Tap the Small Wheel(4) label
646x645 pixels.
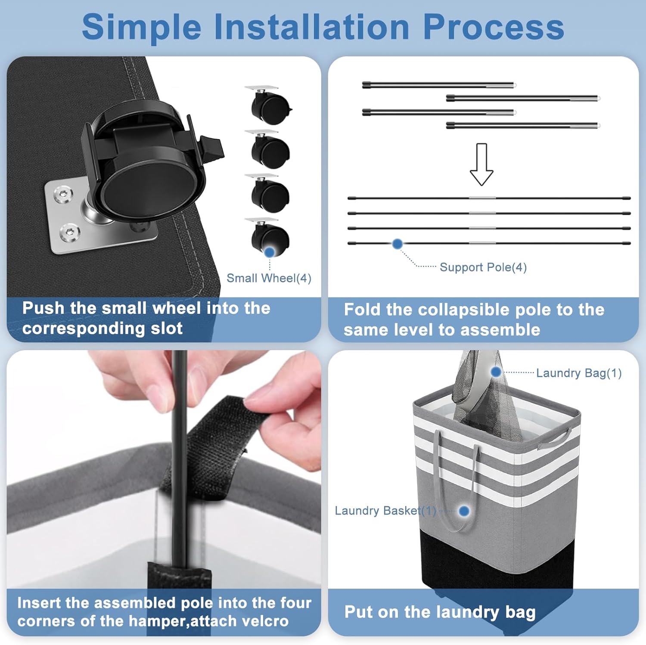click(269, 278)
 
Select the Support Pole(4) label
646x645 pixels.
click(483, 267)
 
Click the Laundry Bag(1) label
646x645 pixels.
click(578, 373)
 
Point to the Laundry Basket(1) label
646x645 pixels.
click(385, 511)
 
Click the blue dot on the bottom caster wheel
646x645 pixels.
click(270, 252)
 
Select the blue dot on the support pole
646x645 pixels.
click(398, 244)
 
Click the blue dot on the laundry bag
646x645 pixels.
click(496, 372)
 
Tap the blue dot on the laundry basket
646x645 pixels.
click(464, 511)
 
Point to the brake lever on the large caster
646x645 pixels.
click(213, 146)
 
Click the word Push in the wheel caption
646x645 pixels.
click(43, 308)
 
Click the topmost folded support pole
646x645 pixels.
click(438, 85)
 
